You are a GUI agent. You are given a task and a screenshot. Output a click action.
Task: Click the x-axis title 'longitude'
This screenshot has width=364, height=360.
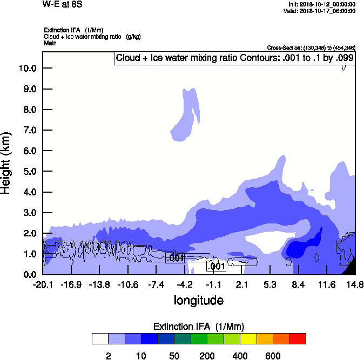point(198,300)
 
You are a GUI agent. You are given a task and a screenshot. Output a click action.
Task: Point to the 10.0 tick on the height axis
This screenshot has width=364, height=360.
point(26,69)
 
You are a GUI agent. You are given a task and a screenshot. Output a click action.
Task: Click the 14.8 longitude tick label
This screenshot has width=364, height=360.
point(354,284)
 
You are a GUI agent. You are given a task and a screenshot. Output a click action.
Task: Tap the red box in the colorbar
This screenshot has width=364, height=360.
point(297,338)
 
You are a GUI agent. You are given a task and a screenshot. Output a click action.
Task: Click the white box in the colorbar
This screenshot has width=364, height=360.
point(100,338)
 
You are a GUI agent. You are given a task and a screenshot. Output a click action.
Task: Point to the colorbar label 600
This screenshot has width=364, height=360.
point(273,356)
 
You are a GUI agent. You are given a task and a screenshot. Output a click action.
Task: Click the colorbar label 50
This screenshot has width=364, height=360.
point(174,356)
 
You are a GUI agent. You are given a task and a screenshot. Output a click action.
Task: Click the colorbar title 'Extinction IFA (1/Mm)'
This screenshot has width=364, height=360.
point(199,327)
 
